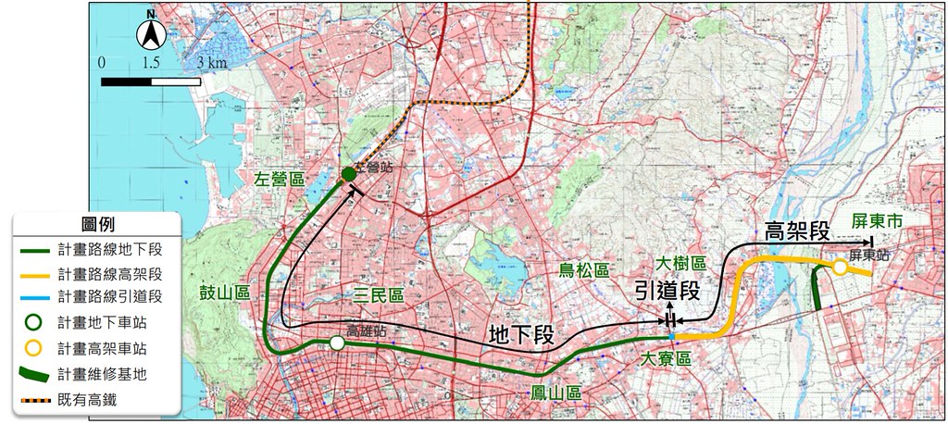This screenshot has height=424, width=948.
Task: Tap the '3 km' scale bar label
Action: point(212,63)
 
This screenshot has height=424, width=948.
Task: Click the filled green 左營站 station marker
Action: point(349,174)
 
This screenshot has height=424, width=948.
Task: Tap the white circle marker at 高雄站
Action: point(337,343)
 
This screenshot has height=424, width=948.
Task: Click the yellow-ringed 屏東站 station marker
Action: point(839,268)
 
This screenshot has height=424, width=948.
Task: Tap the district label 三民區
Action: point(380,296)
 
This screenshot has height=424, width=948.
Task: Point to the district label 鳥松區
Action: point(584,270)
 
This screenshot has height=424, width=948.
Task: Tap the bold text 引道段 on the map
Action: point(667,291)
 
